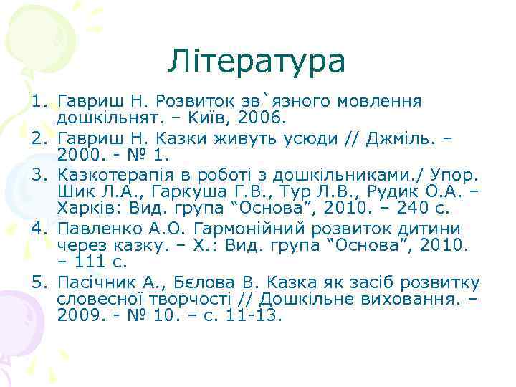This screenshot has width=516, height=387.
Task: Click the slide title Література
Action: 257,62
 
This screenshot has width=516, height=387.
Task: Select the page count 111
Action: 90,263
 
